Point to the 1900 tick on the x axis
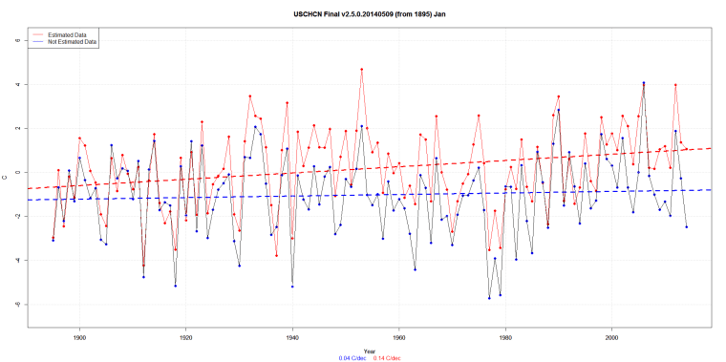(x=79, y=335)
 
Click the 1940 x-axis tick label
(x=292, y=335)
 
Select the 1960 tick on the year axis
(x=399, y=335)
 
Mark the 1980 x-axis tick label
(x=505, y=335)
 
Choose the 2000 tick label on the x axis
(x=612, y=335)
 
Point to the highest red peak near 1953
(x=361, y=69)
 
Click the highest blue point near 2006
(x=644, y=83)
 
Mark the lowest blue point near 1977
(x=489, y=298)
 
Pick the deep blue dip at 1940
(x=292, y=286)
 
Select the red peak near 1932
(x=249, y=96)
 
